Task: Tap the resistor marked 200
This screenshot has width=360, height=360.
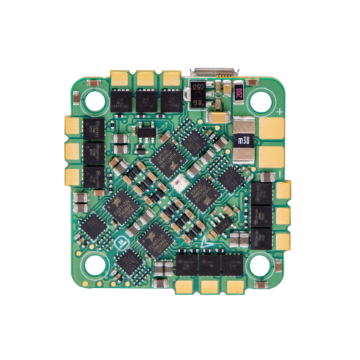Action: (x=240, y=93)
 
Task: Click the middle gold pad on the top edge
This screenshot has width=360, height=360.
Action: (x=145, y=76)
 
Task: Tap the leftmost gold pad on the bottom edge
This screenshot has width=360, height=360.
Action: (x=185, y=285)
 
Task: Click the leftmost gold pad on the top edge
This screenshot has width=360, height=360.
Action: (x=120, y=76)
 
